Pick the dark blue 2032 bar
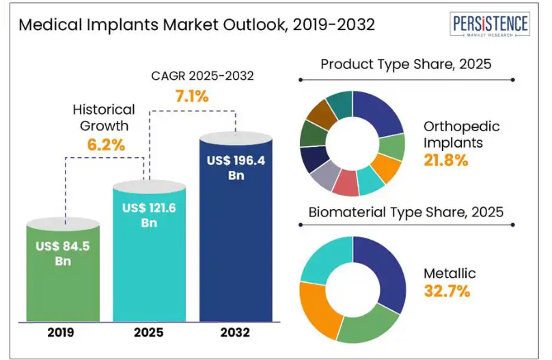(x=236, y=253)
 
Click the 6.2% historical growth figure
(x=106, y=145)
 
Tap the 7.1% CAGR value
(x=192, y=96)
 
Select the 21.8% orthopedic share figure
(x=446, y=161)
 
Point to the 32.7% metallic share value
(x=447, y=291)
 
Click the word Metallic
(x=450, y=273)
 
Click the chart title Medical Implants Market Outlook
(x=197, y=25)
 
